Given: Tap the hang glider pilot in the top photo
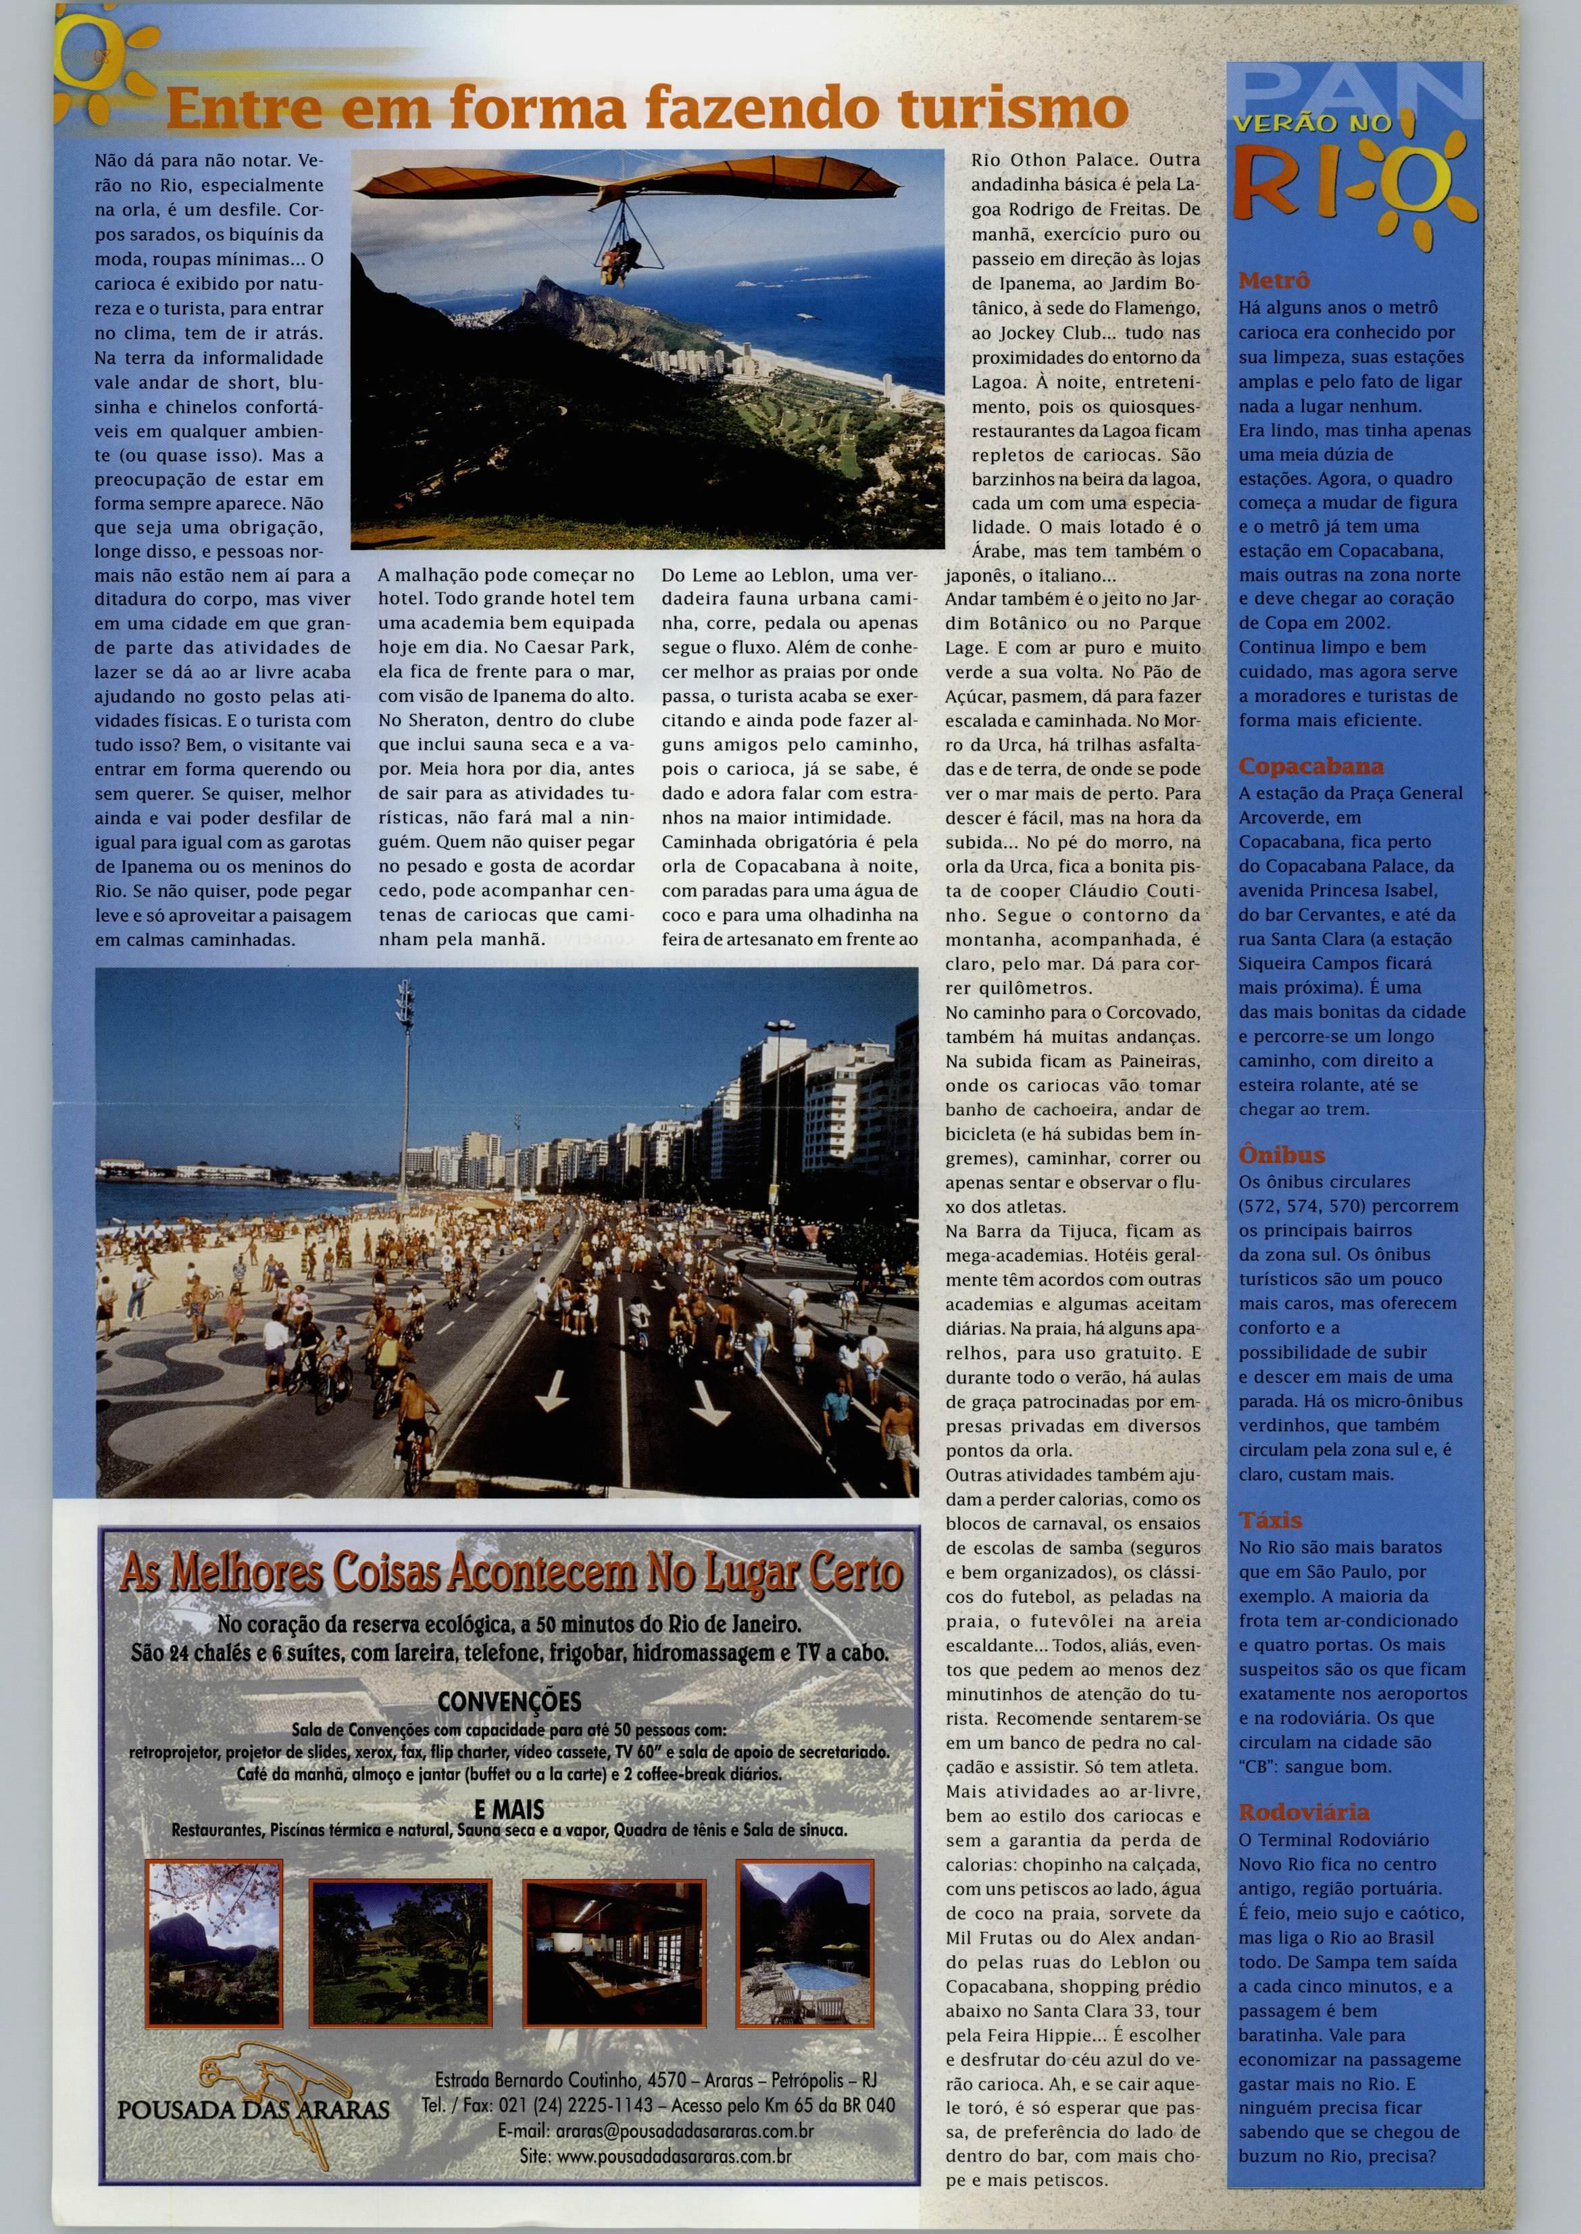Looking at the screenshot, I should [x=616, y=263].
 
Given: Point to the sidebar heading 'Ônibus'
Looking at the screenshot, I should [x=1281, y=1155].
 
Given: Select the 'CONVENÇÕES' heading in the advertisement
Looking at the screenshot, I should [x=509, y=1702].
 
